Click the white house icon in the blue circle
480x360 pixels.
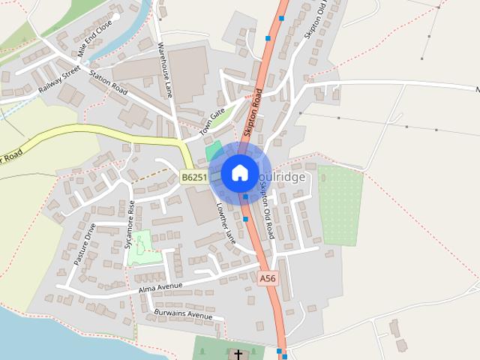239,172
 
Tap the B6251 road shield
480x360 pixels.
193,178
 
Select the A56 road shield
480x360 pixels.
268,278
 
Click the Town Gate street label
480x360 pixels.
212,121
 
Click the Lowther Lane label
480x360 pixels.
226,223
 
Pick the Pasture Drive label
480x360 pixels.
85,243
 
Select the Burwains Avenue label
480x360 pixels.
183,314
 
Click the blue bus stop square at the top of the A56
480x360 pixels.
282,17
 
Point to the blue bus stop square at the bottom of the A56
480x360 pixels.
280,350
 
